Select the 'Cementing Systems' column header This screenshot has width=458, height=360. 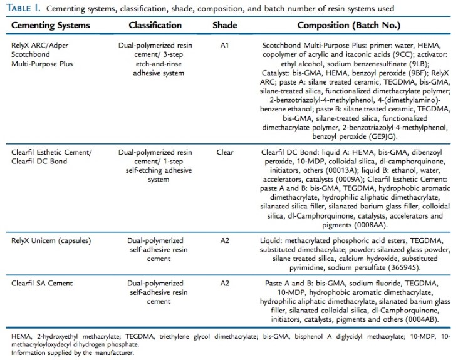coord(48,26)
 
